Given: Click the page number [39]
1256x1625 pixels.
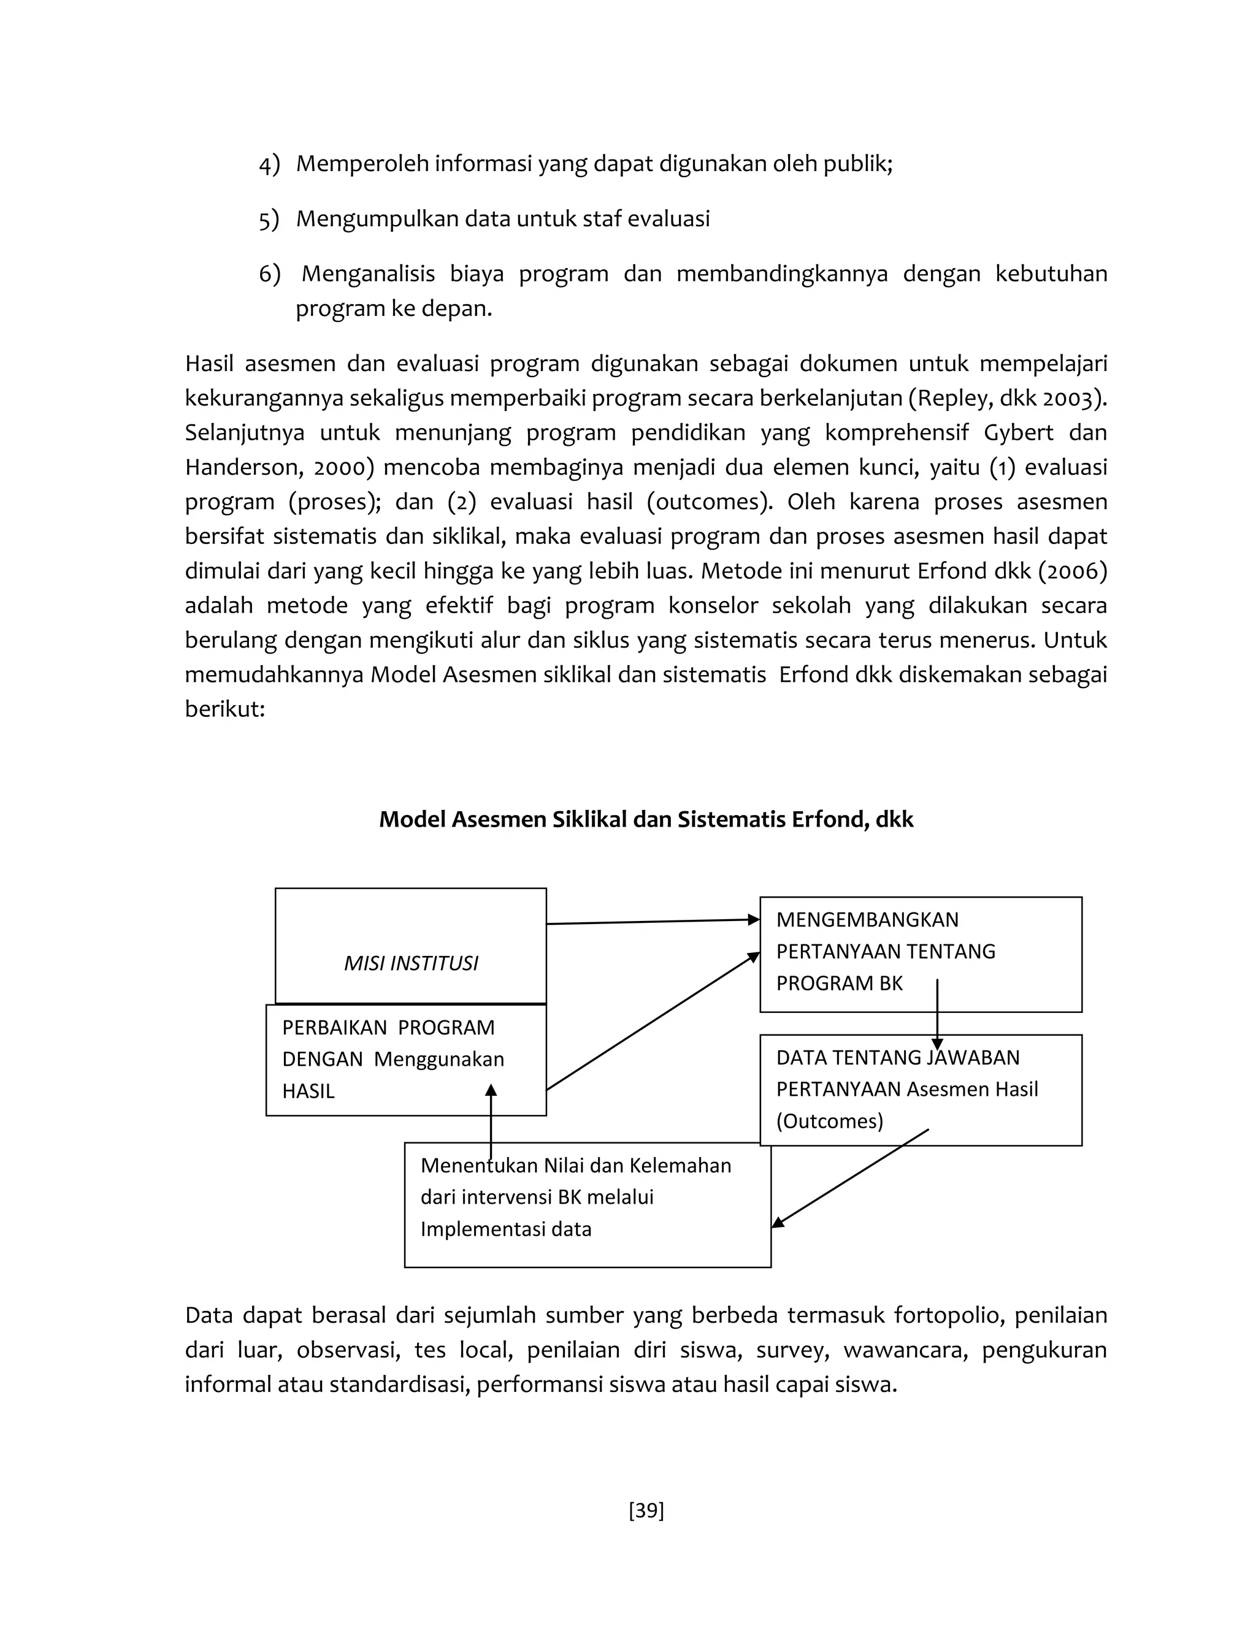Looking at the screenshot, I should tap(646, 1510).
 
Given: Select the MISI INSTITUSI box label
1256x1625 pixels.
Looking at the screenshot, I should tap(411, 963).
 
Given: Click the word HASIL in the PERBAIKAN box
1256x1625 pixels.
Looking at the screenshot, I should tap(308, 1092).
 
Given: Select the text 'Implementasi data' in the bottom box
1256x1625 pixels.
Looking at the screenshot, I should tap(505, 1228).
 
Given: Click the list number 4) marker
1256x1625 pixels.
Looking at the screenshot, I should tap(269, 164).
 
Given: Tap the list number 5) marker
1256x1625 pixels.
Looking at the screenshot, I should tap(269, 220).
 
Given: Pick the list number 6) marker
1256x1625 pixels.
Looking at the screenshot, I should tap(269, 275).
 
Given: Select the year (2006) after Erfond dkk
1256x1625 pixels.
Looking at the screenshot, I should tap(1072, 572).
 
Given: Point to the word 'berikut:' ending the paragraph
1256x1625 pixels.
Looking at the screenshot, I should tap(224, 709).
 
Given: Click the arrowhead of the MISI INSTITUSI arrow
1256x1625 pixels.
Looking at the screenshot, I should tap(754, 920).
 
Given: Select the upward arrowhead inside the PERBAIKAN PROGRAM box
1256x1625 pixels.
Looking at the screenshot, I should tap(491, 1090).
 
